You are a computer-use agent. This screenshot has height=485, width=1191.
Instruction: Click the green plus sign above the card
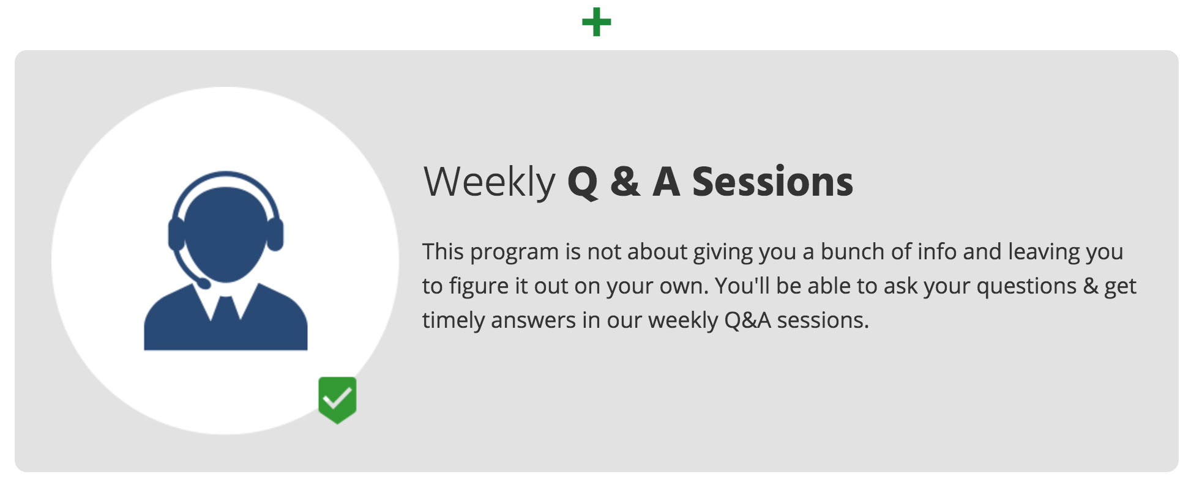pos(596,23)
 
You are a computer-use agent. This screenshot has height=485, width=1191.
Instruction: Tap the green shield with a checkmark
pos(337,400)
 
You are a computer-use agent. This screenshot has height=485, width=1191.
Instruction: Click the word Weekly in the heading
pos(489,182)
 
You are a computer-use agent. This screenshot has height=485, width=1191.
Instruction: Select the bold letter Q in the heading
pos(583,182)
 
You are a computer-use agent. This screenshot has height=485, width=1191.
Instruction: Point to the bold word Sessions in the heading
pos(772,182)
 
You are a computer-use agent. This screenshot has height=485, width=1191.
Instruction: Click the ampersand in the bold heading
pos(625,182)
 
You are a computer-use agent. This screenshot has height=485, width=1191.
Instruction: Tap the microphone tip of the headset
pos(204,283)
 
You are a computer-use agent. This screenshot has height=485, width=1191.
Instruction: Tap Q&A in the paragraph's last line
pos(747,320)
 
